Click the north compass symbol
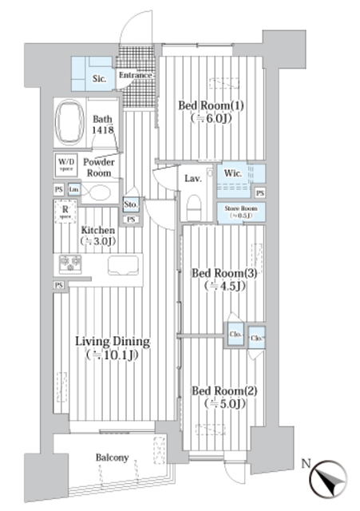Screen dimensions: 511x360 tap(327, 481)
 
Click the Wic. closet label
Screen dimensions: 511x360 tap(234, 174)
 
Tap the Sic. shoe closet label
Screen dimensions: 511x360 tap(99, 78)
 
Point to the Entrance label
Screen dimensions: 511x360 tap(135, 77)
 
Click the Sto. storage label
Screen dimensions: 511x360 tap(132, 204)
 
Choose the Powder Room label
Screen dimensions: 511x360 tap(101, 168)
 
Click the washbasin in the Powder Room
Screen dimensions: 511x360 tap(99, 192)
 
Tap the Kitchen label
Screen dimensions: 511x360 tap(97, 236)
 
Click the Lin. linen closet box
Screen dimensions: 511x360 tap(74, 189)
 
